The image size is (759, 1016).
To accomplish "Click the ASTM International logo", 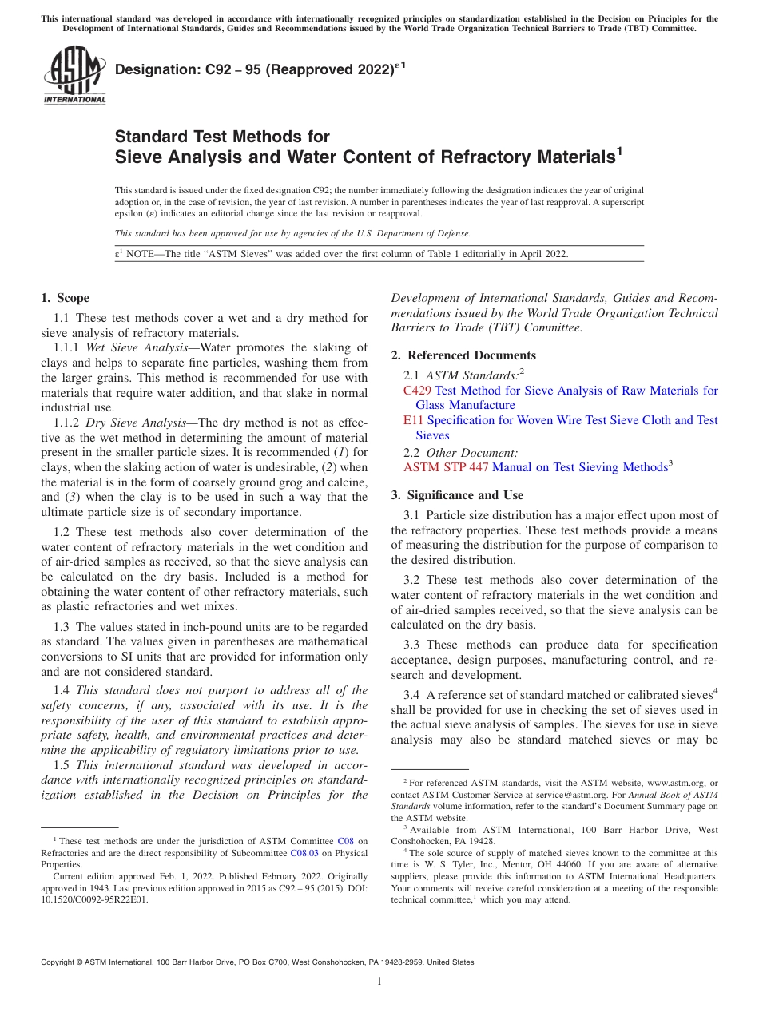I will [x=74, y=76].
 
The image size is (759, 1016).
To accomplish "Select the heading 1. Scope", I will [x=65, y=299].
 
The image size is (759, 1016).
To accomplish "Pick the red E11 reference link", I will [x=413, y=420].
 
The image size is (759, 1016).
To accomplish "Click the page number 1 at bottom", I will [x=379, y=981].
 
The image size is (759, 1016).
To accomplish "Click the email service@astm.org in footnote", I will [x=586, y=795].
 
